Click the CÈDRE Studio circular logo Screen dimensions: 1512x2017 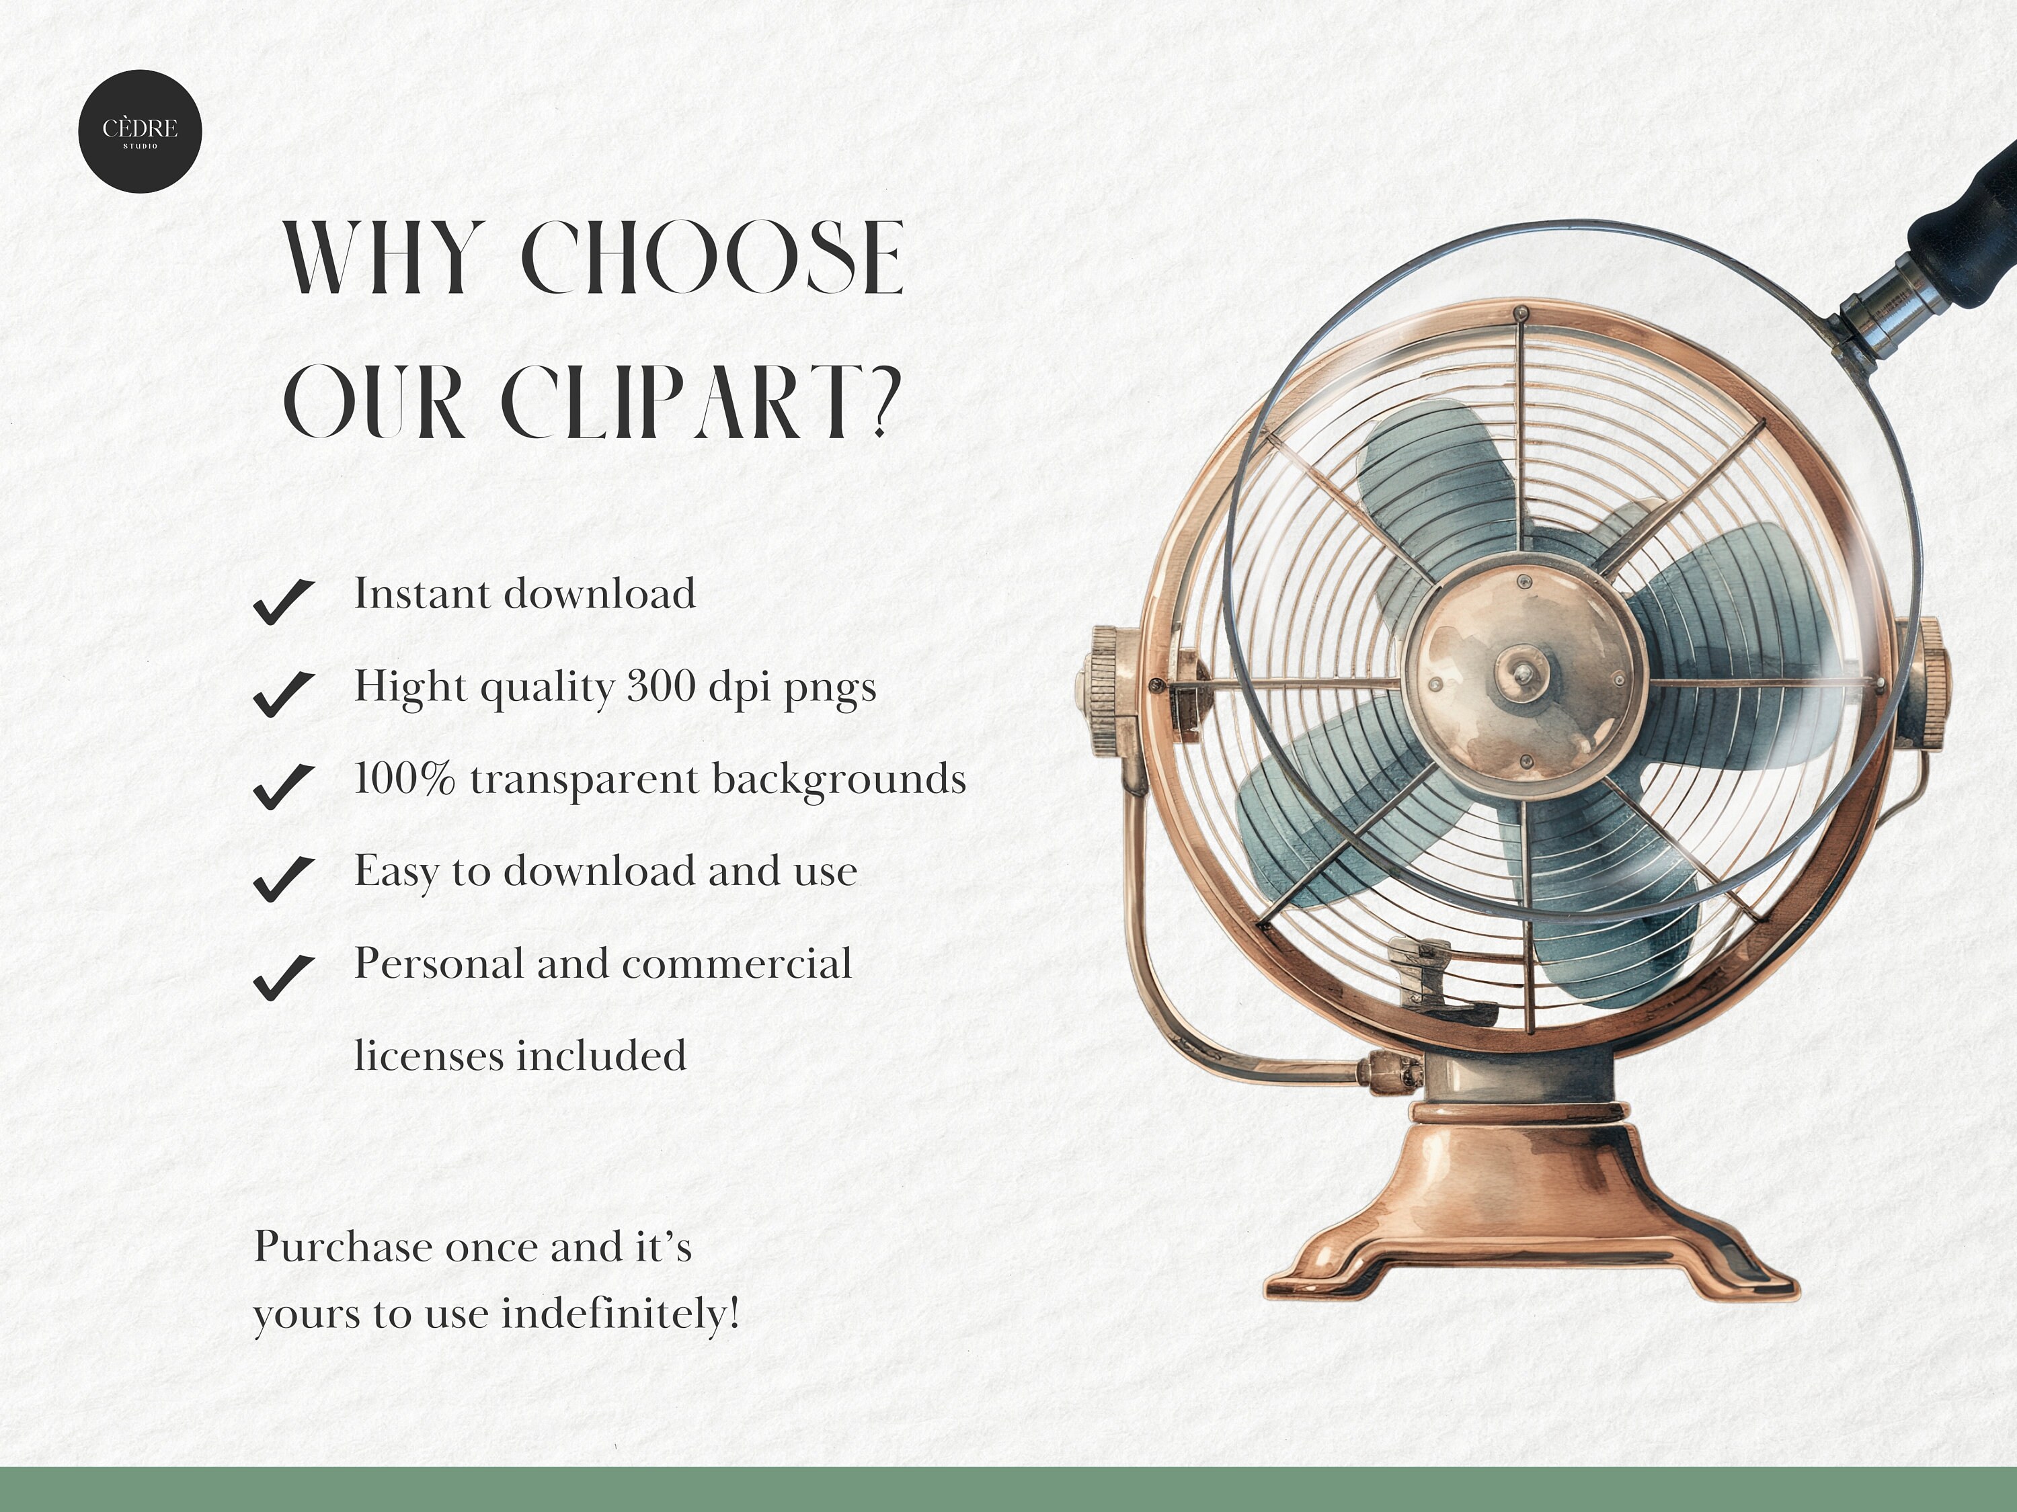(x=140, y=131)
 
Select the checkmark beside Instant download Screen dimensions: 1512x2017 (x=284, y=601)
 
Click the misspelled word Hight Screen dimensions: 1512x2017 (x=409, y=686)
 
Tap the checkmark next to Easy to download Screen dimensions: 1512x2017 (x=284, y=878)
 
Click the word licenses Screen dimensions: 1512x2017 (x=428, y=1056)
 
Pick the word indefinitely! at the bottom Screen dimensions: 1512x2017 (x=620, y=1314)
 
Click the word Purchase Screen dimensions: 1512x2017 (x=343, y=1247)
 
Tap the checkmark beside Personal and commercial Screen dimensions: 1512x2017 (x=284, y=977)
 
